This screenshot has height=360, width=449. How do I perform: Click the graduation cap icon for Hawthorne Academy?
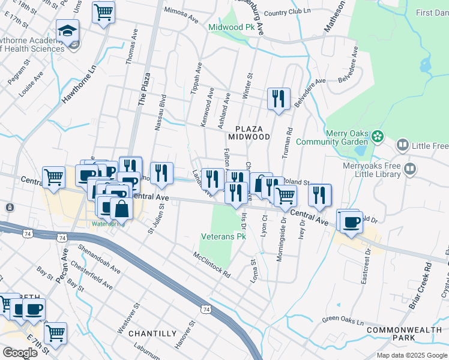tap(67, 31)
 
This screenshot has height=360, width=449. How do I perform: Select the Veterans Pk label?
tap(224, 237)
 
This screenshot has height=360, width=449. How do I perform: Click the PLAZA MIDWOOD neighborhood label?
tap(253, 133)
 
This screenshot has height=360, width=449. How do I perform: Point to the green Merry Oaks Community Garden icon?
tap(377, 137)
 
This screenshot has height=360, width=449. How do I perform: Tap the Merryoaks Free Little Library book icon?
tap(410, 169)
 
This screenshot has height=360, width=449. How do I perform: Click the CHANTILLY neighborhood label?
tap(154, 333)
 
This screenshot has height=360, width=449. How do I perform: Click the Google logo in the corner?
tap(20, 353)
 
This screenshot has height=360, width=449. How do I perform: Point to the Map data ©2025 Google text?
tap(411, 355)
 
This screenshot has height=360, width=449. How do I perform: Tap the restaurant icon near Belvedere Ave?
tap(279, 99)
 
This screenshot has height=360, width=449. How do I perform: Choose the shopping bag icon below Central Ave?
tap(121, 208)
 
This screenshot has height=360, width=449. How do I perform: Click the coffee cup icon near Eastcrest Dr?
tap(351, 221)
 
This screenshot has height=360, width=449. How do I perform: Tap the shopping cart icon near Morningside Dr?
tap(285, 196)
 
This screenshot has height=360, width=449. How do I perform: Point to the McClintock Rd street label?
tap(212, 263)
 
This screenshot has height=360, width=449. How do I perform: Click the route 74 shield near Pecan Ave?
tap(62, 238)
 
